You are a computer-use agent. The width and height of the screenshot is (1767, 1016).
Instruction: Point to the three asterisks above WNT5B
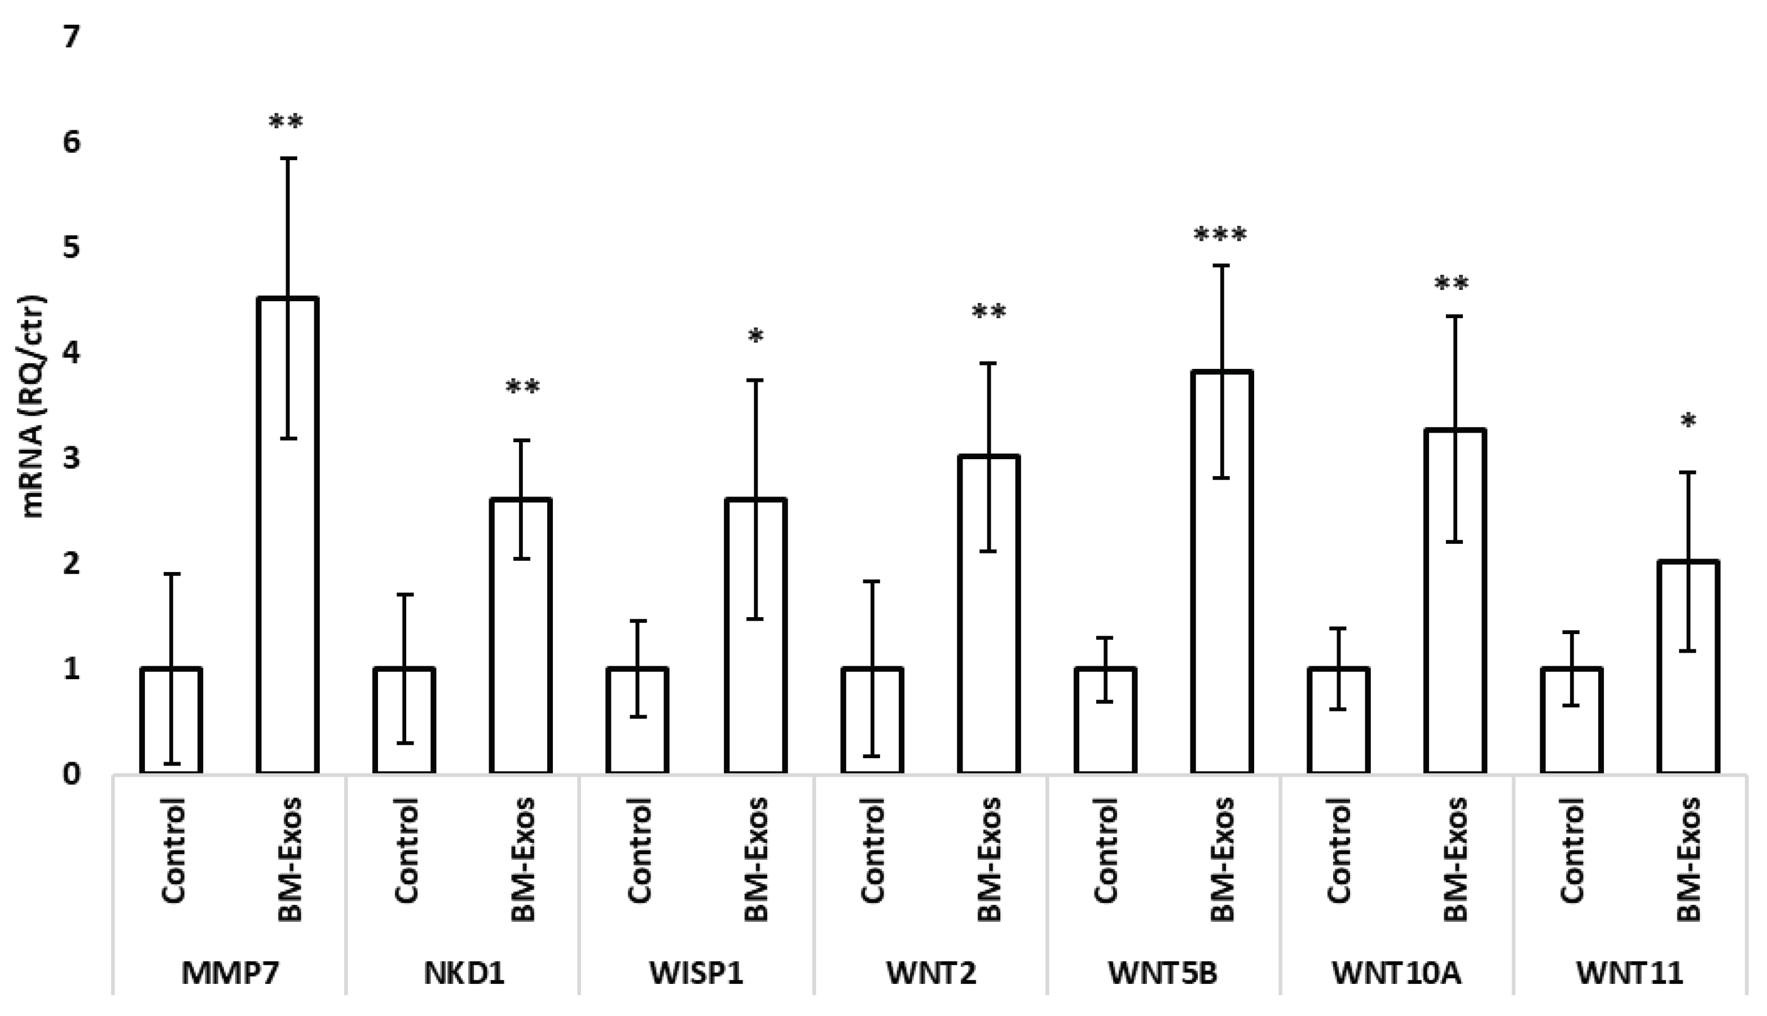[x=1220, y=235]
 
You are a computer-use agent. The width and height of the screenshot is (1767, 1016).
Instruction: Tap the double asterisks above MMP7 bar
[x=286, y=124]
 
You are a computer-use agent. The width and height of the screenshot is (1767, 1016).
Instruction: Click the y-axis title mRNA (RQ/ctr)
[x=33, y=407]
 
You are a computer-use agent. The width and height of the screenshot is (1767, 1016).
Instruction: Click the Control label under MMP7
[x=174, y=851]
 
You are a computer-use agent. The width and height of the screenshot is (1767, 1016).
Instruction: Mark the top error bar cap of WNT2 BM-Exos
[x=989, y=363]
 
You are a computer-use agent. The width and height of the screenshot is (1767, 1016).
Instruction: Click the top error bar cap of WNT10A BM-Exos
[x=1455, y=317]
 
